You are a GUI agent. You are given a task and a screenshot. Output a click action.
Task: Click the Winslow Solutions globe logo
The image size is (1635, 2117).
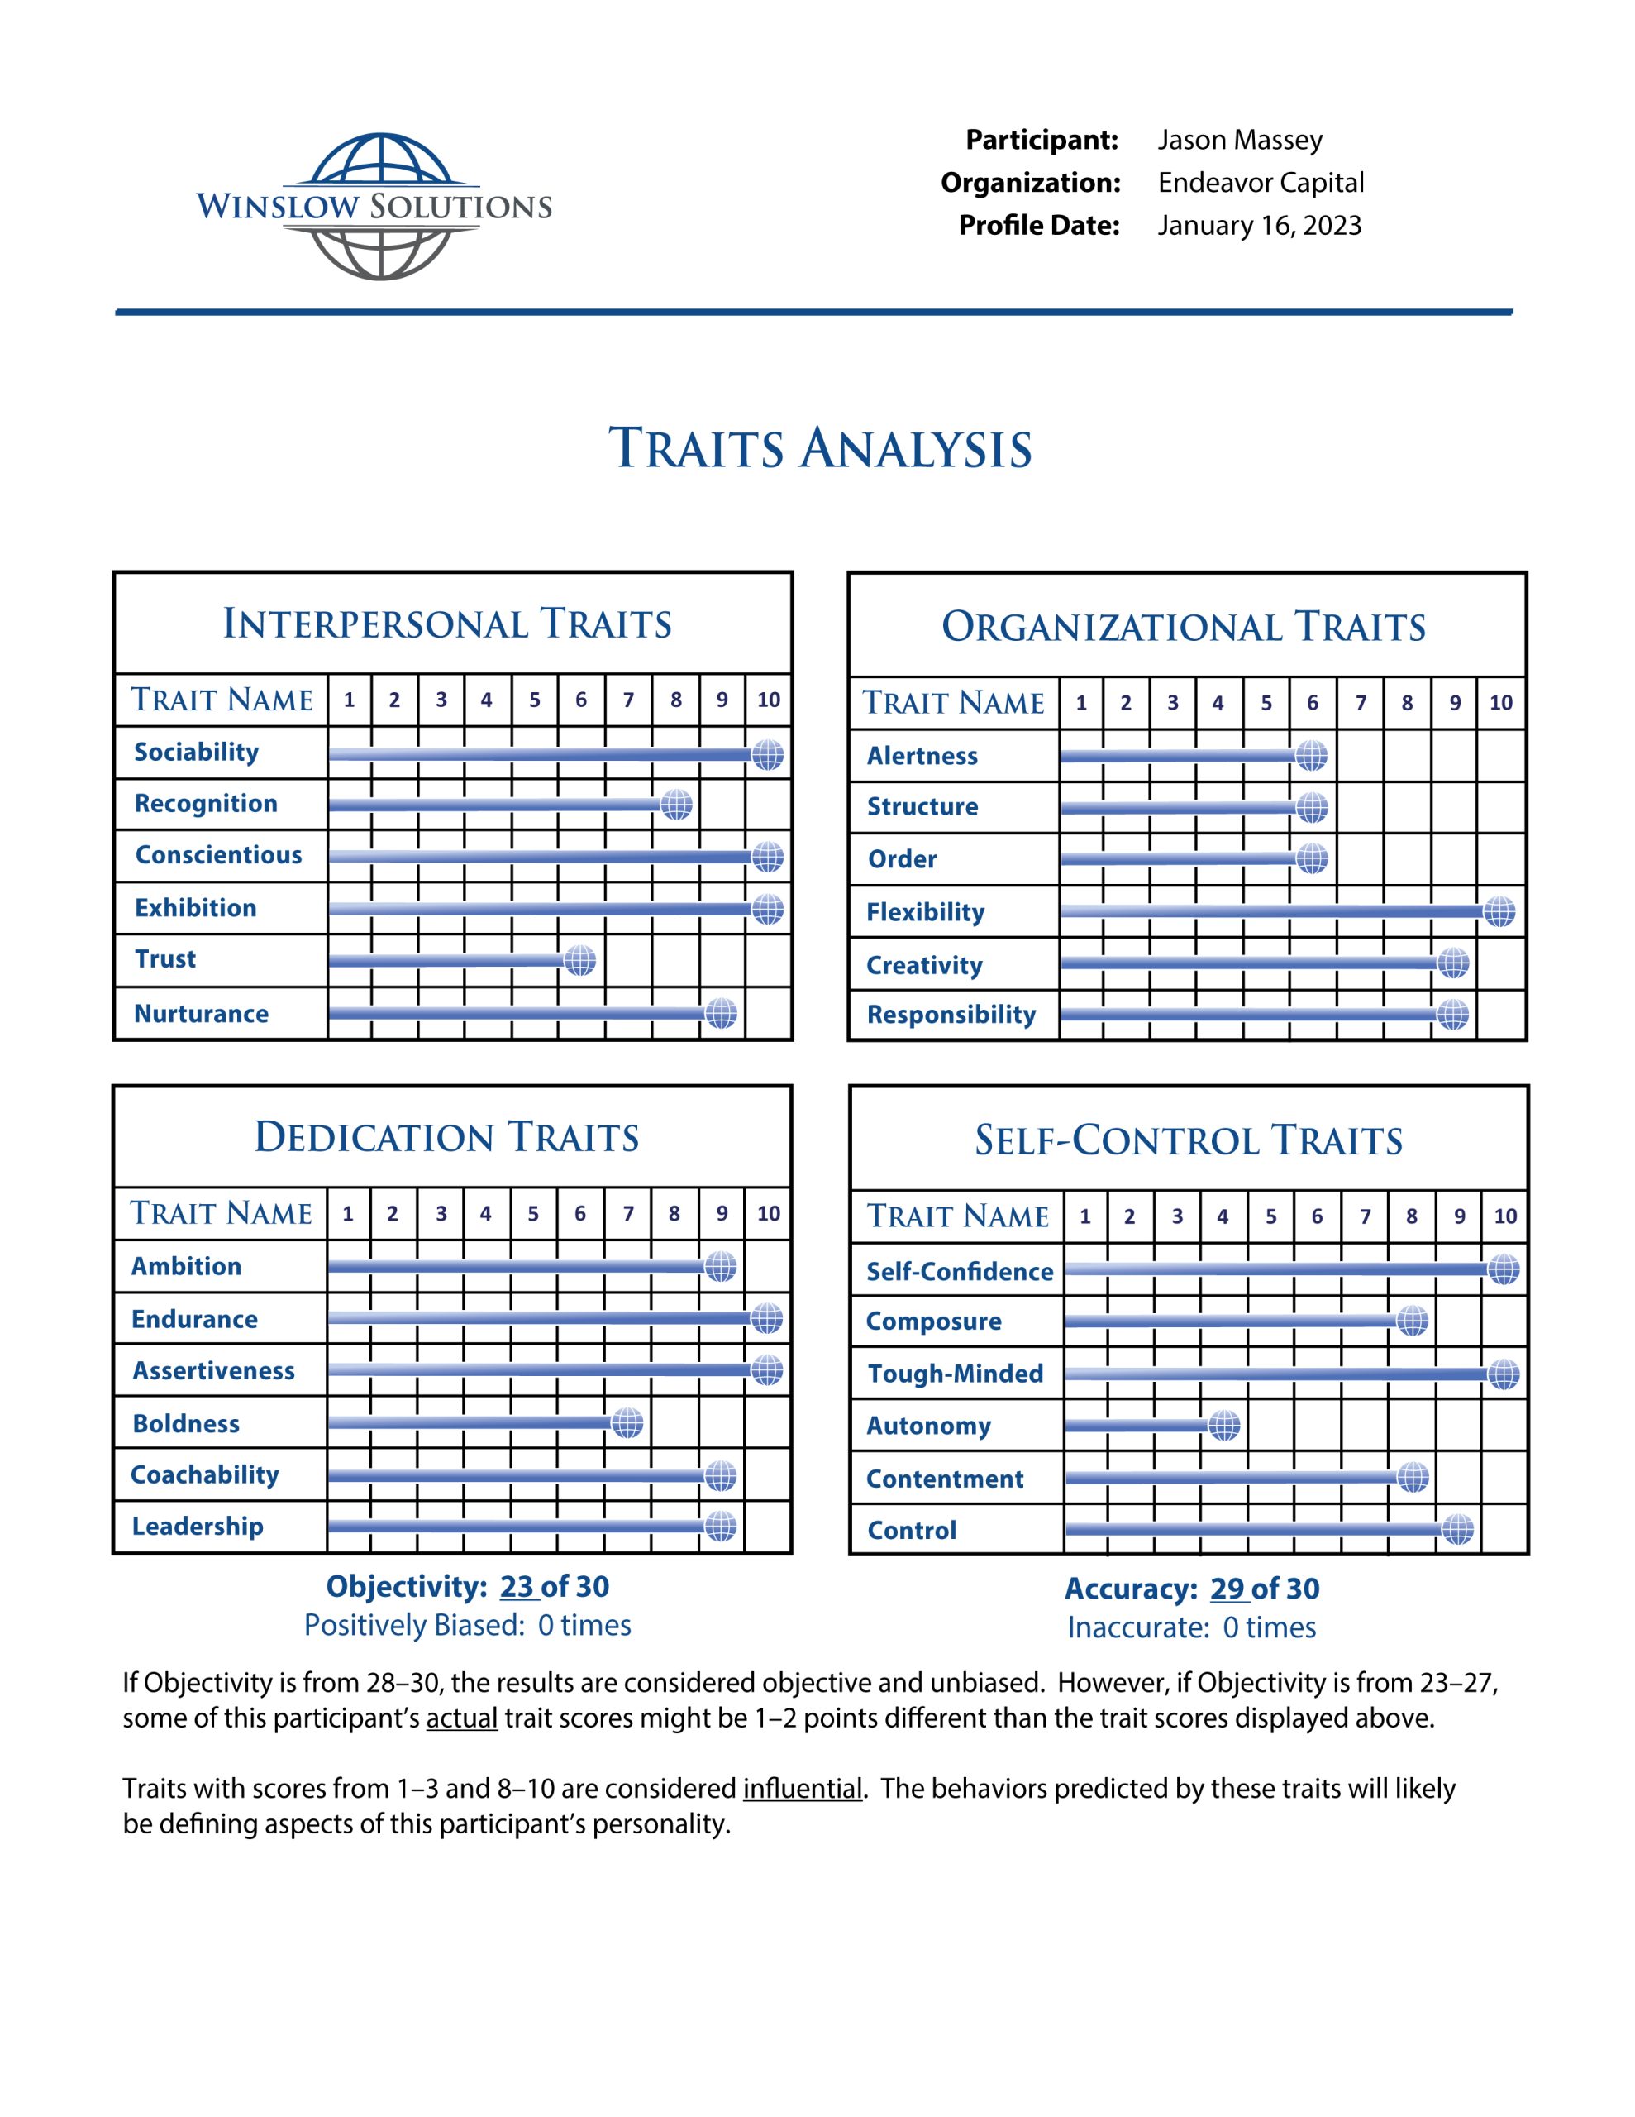(374, 207)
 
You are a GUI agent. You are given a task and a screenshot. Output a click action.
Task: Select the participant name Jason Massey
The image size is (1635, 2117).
(1240, 141)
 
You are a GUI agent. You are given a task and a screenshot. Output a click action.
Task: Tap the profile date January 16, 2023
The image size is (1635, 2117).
(1259, 226)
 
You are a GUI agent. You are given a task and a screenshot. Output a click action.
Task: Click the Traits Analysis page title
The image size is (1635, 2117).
(820, 449)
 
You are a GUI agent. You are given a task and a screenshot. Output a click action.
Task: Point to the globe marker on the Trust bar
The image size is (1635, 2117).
(579, 961)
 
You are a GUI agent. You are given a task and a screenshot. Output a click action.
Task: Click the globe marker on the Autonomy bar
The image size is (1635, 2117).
(1224, 1425)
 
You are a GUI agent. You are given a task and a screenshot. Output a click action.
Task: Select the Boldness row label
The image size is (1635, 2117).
(186, 1423)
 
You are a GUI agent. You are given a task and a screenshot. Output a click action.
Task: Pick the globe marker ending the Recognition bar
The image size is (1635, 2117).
(676, 804)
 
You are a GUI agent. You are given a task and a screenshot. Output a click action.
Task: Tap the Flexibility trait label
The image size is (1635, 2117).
(926, 912)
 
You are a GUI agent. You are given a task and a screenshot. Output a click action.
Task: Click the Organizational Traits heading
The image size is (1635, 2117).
(1184, 627)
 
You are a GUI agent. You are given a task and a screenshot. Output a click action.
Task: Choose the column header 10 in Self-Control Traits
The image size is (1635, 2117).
(1505, 1216)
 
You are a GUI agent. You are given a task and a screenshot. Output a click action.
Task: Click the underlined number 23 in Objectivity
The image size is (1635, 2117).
(517, 1587)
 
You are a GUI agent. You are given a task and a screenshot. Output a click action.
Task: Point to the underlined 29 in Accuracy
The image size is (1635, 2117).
(1227, 1589)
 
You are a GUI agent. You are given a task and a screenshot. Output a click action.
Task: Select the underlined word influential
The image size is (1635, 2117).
(803, 1789)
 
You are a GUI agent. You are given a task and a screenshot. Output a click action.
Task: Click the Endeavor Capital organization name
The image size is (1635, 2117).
(1261, 184)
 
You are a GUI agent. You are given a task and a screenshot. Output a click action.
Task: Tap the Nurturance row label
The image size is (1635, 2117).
(202, 1014)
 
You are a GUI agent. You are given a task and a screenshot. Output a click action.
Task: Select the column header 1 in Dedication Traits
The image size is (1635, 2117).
(348, 1214)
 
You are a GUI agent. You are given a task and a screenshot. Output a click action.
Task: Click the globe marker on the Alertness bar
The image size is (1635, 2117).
(1311, 755)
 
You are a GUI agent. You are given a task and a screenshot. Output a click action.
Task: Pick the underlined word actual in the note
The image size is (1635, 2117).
(461, 1718)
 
